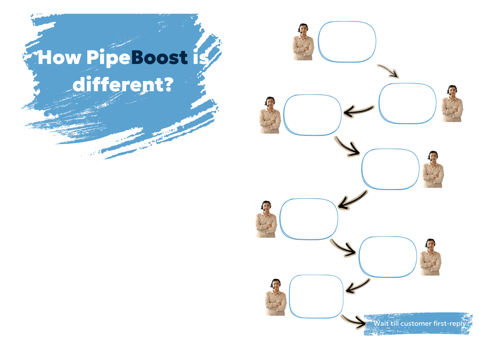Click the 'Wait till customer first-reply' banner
pos(418,323)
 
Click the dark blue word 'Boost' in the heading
pos(160,57)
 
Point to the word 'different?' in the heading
pos(123,84)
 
